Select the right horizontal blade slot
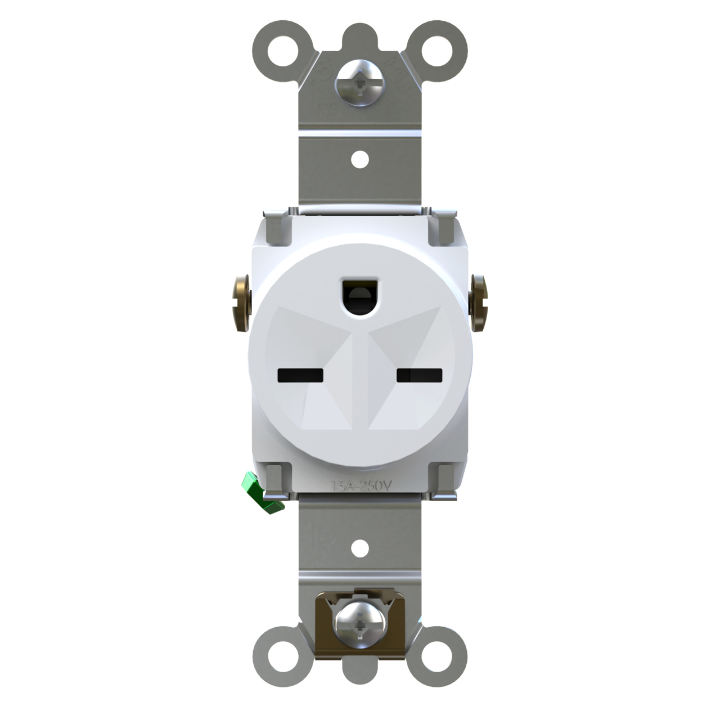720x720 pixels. click(420, 375)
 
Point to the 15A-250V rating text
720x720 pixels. click(360, 484)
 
